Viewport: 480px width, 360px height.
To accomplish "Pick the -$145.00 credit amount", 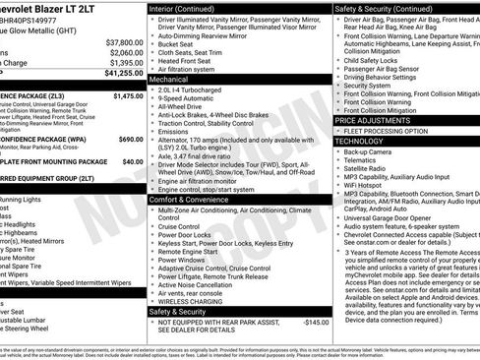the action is [x=315, y=322].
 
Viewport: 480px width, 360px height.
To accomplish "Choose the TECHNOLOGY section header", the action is [x=365, y=142].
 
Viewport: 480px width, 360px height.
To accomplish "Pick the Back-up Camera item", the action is [x=370, y=152].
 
